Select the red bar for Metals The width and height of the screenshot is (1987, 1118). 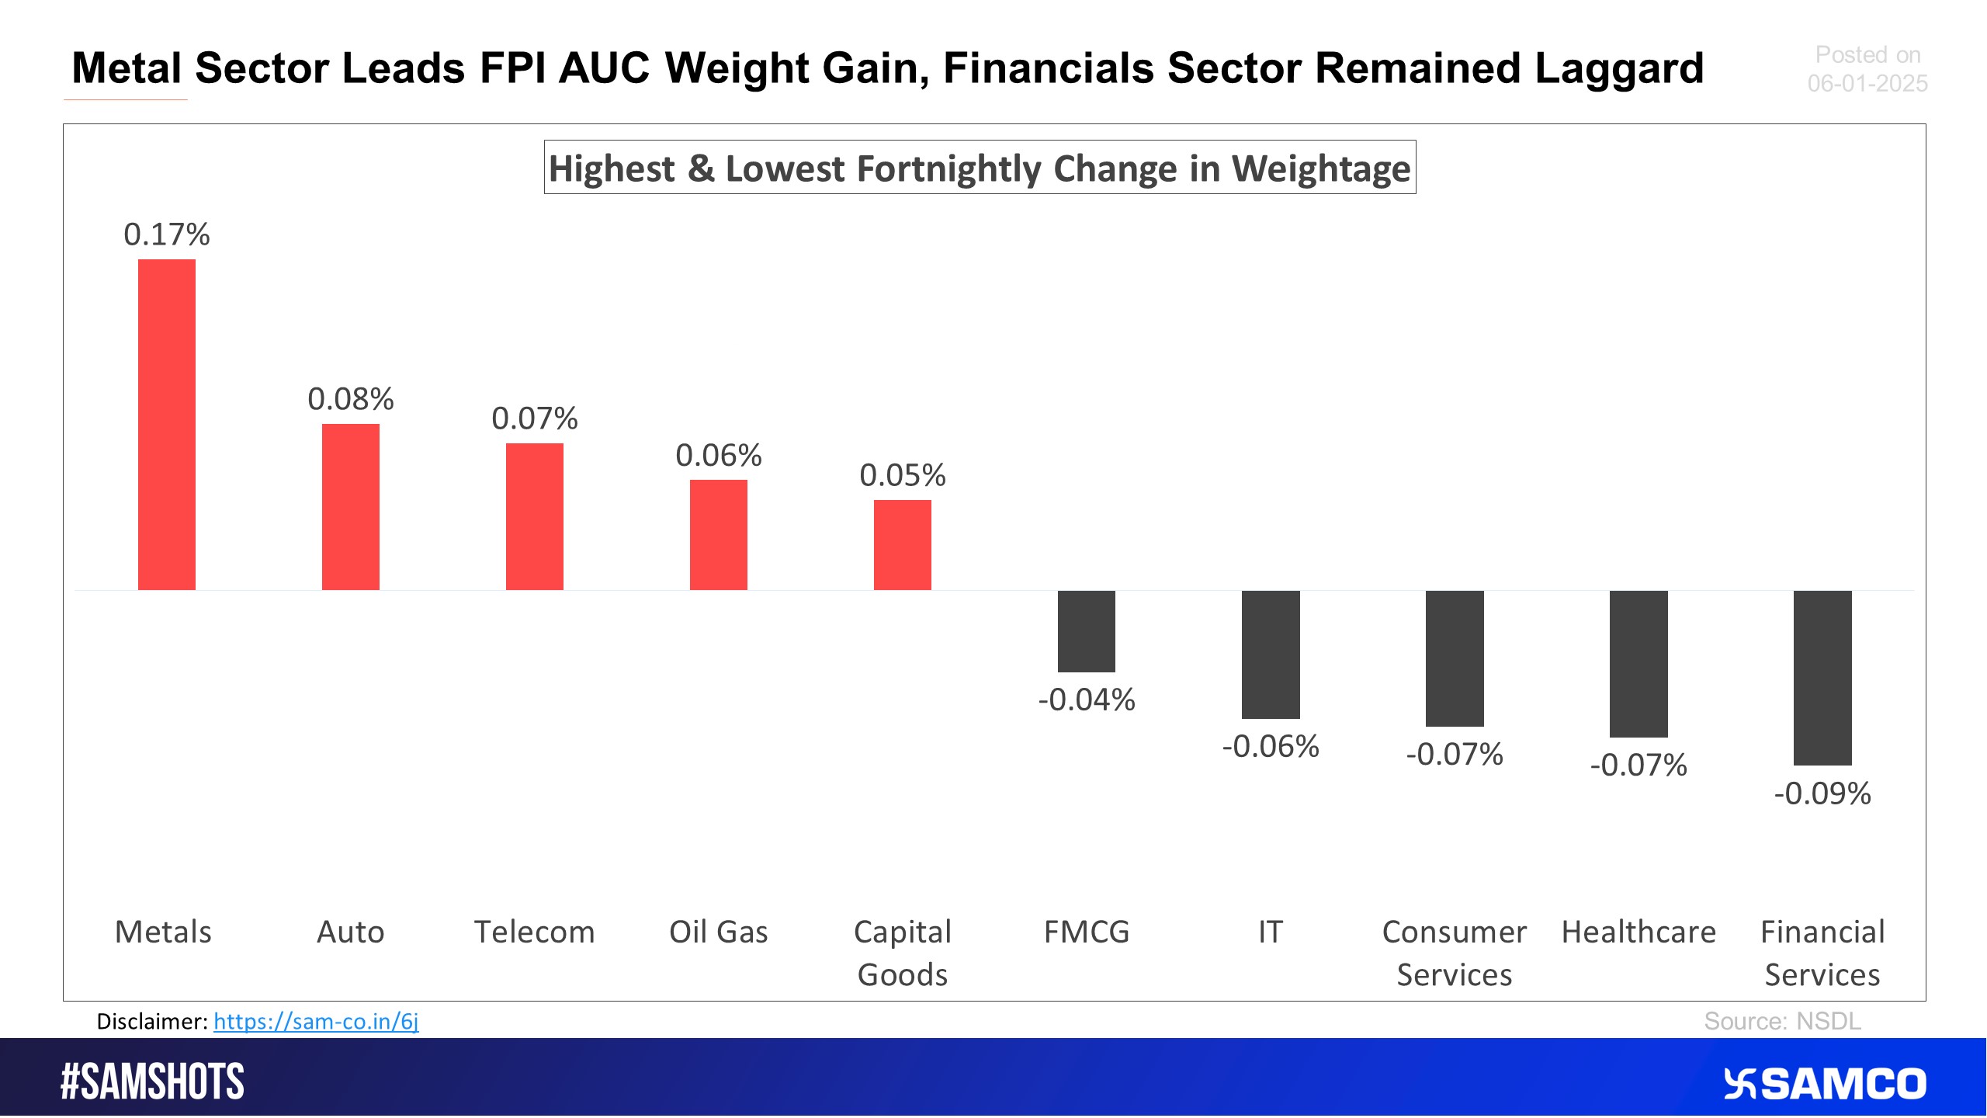click(167, 424)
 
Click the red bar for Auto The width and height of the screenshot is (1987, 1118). click(351, 506)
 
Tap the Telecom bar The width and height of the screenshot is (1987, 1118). click(535, 516)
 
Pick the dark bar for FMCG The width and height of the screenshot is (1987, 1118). click(1086, 631)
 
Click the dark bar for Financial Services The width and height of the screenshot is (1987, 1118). click(1822, 677)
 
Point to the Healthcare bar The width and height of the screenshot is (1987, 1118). click(1638, 664)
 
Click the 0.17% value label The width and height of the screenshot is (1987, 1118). click(167, 234)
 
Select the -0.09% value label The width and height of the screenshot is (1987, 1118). click(1822, 793)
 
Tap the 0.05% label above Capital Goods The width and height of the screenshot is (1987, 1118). click(902, 475)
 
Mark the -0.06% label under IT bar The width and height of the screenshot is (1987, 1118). click(1270, 746)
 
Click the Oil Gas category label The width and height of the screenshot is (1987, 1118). click(718, 932)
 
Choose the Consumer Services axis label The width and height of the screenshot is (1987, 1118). click(1454, 953)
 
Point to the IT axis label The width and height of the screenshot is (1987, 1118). click(1270, 932)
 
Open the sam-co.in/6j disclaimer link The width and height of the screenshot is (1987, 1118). click(316, 1021)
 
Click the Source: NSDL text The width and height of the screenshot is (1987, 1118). click(1782, 1021)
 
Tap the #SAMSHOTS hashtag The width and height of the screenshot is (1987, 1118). click(152, 1082)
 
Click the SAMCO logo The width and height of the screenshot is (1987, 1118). click(1824, 1084)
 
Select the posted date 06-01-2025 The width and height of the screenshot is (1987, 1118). click(1867, 83)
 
